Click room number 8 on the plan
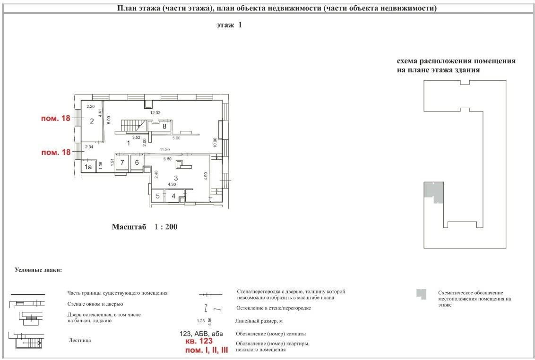[164, 126]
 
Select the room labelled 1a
[88, 167]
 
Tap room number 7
[122, 163]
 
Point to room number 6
[137, 163]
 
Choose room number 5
[158, 196]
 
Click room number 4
[173, 196]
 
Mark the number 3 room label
[176, 178]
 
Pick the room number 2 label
[92, 121]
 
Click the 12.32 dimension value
[155, 112]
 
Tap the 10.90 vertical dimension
[215, 143]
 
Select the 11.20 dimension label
[165, 149]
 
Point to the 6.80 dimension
[167, 159]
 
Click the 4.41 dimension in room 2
[100, 113]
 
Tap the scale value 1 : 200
[166, 227]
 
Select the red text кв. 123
[199, 341]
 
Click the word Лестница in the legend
[80, 340]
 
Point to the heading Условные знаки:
[38, 270]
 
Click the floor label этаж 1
[229, 25]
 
